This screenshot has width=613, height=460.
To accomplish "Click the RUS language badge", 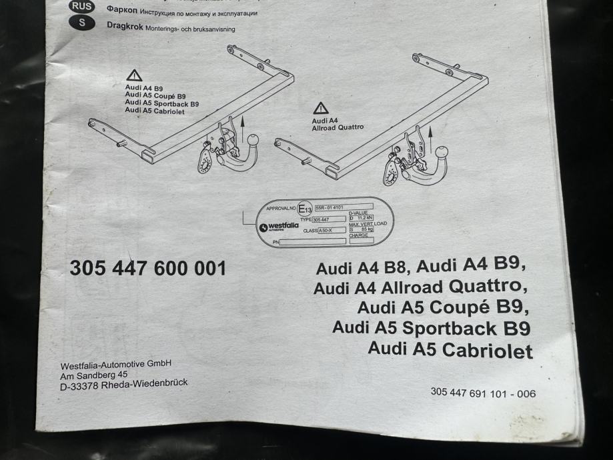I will coord(82,7).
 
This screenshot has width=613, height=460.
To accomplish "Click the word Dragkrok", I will coord(125,25).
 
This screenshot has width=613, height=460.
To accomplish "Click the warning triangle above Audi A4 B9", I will coord(134,75).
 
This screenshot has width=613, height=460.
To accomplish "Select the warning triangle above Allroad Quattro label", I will coord(322,108).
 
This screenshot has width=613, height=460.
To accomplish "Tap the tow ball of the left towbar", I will coord(253,140).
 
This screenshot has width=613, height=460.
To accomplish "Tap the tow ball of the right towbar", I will coord(441,152).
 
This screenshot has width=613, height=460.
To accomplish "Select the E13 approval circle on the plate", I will coord(305,210).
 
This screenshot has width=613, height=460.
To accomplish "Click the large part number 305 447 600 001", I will coord(148,269).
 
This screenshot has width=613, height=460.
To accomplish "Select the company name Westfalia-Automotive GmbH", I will coord(116,365).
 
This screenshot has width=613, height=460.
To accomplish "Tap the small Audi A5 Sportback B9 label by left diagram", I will coord(161,104).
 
